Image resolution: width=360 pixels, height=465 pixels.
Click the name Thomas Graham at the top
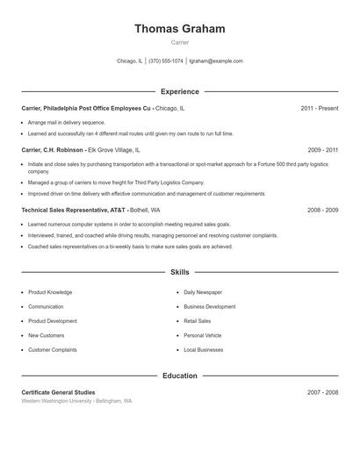coord(179,29)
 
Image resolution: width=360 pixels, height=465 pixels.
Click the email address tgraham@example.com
coord(216,61)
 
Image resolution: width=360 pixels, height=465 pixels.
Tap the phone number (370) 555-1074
coord(166,61)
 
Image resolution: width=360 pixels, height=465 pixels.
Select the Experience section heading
coord(179,91)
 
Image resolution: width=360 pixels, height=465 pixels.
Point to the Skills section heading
coord(179,273)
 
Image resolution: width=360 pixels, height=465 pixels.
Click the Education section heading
coord(179,376)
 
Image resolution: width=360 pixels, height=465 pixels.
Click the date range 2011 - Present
coord(319,108)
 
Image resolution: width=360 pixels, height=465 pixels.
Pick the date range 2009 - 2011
coord(322,150)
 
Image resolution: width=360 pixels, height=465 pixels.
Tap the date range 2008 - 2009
coord(322,211)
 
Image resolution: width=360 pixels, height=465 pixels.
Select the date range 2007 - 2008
coord(322,392)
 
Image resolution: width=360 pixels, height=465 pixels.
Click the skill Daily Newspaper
coord(203,292)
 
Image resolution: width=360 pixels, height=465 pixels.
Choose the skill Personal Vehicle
coord(203,335)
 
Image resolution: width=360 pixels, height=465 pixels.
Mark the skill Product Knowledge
coord(50,292)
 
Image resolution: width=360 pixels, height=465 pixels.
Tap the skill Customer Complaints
coord(52,350)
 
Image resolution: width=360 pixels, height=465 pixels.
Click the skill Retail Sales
coord(198,321)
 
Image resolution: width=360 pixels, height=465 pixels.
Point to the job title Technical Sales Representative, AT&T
coord(74,211)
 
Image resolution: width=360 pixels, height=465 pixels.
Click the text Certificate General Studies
coord(58,392)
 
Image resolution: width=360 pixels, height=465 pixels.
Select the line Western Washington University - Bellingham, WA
coord(76,401)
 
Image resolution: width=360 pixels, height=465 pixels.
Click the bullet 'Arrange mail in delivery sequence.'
coord(67,123)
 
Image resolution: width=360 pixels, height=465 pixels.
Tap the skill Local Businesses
coord(204,350)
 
